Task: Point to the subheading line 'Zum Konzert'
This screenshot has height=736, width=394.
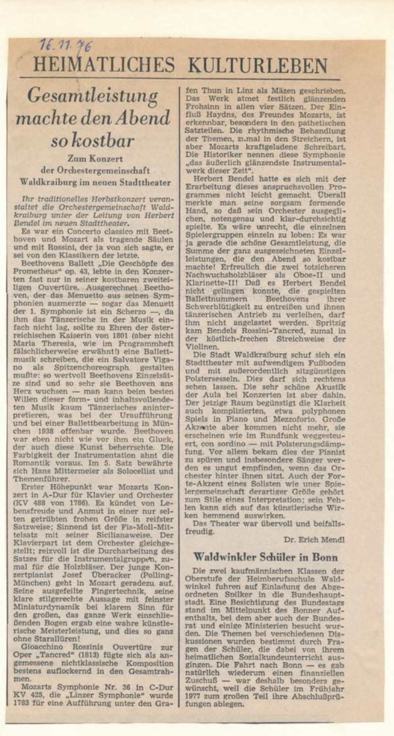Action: (x=95, y=159)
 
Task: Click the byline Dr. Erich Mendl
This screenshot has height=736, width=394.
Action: (x=314, y=539)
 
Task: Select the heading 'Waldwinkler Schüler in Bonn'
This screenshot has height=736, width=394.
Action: (x=265, y=557)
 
